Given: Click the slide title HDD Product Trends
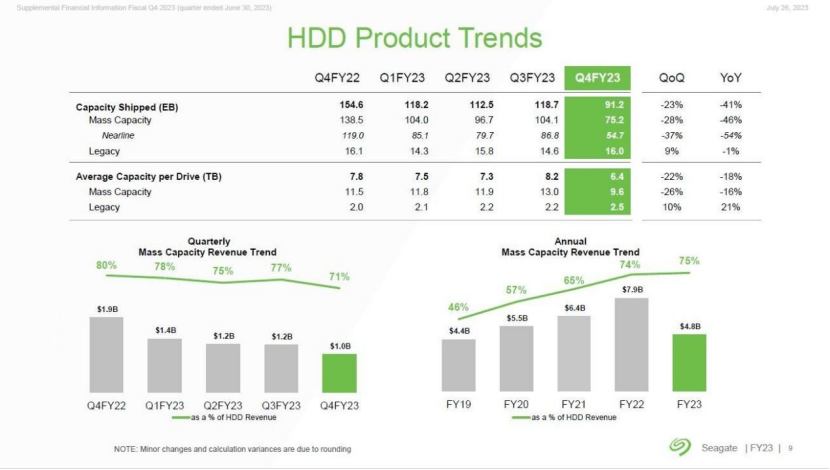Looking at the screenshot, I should coord(414,38).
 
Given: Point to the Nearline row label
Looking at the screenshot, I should coord(118,135).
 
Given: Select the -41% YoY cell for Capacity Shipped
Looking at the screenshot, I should coord(730,105).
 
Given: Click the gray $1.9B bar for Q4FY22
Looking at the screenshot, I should coord(106,354).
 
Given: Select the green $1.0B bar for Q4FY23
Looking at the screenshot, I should coord(339,372).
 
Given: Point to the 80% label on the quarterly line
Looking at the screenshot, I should coord(106,265).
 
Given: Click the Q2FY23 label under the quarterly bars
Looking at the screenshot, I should coord(223,405).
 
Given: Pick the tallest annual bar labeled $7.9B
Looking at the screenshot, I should coord(632,344).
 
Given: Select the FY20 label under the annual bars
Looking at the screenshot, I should coord(516,405).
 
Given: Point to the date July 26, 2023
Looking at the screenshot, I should coord(788,9).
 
